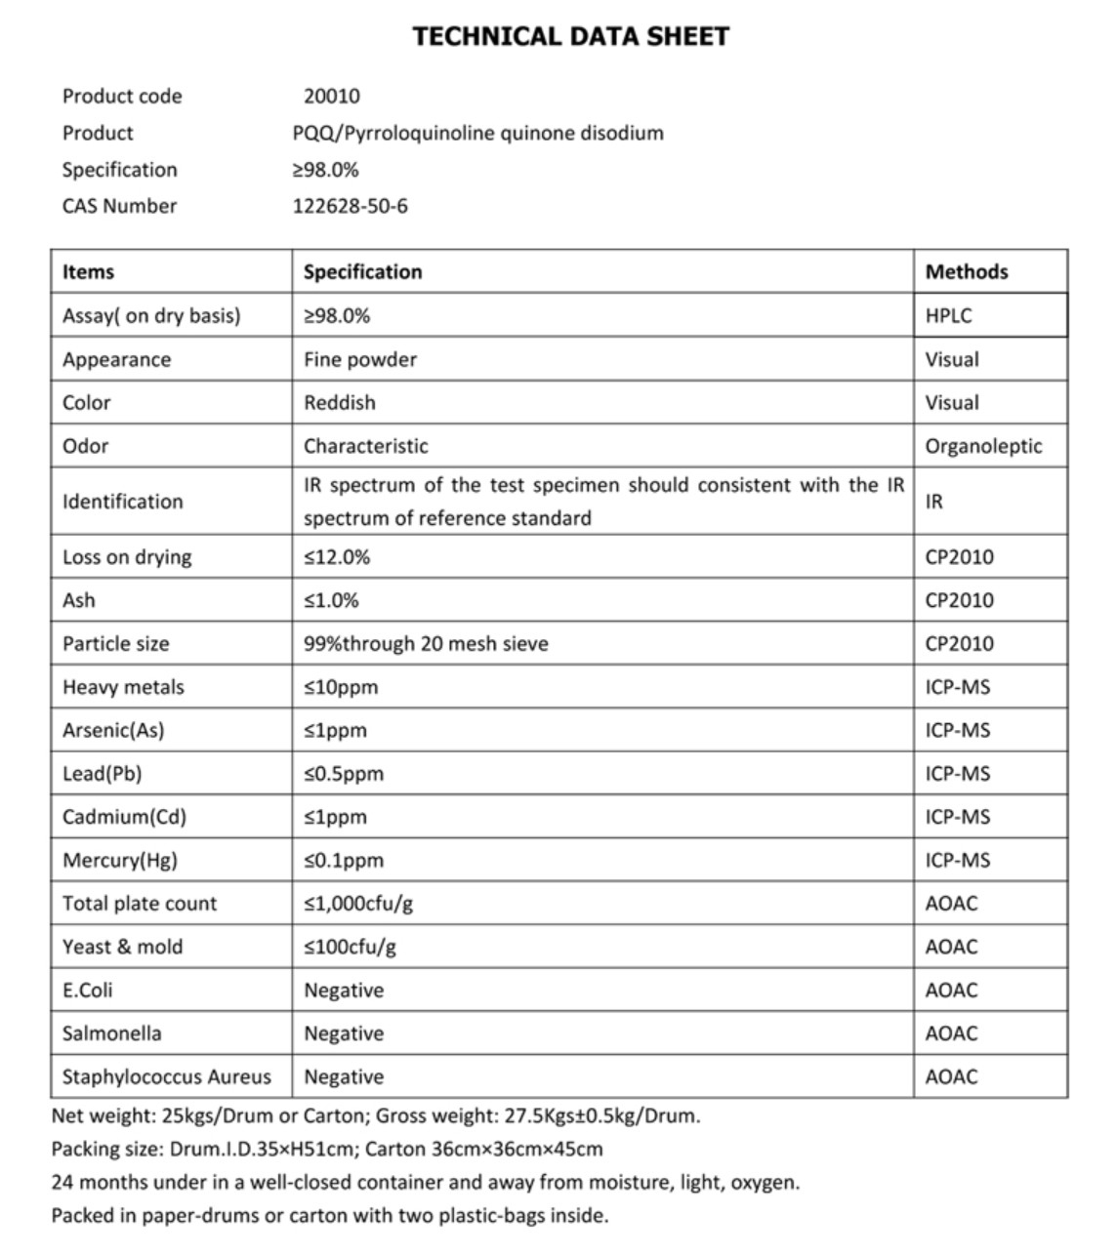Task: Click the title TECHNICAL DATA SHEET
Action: point(570,37)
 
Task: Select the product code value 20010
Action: point(331,96)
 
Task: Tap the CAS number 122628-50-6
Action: point(350,206)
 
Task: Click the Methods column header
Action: point(966,271)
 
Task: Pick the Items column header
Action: point(88,271)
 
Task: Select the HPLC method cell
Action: point(948,315)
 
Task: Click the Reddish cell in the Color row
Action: point(339,402)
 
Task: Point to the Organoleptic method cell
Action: point(982,446)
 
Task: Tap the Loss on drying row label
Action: point(127,557)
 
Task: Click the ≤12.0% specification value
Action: point(337,557)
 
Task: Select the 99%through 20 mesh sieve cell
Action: point(426,644)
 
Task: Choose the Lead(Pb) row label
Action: point(102,774)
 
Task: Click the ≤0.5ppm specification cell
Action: point(344,774)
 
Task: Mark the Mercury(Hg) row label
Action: point(119,861)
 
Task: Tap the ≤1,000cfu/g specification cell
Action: point(357,904)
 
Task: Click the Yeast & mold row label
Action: point(122,947)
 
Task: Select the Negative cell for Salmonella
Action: point(344,1033)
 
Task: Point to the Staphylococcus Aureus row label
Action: point(166,1076)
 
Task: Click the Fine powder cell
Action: point(359,359)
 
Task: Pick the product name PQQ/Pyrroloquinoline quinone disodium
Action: point(477,133)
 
